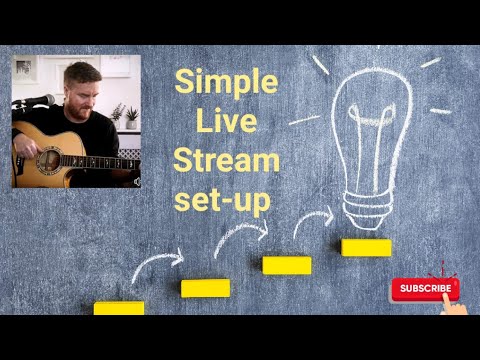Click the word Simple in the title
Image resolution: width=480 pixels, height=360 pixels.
point(226,83)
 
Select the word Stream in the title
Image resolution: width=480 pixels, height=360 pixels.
point(226,160)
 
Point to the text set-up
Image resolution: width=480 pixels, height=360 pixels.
point(223,198)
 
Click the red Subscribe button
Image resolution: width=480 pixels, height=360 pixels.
point(424,289)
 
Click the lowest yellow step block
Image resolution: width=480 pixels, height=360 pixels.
point(119,308)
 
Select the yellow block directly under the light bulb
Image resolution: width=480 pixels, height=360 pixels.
point(366,247)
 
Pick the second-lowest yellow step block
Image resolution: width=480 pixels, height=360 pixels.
point(205,288)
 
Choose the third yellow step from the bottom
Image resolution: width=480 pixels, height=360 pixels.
point(287,265)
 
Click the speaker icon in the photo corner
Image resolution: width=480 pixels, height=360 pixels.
point(134,181)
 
